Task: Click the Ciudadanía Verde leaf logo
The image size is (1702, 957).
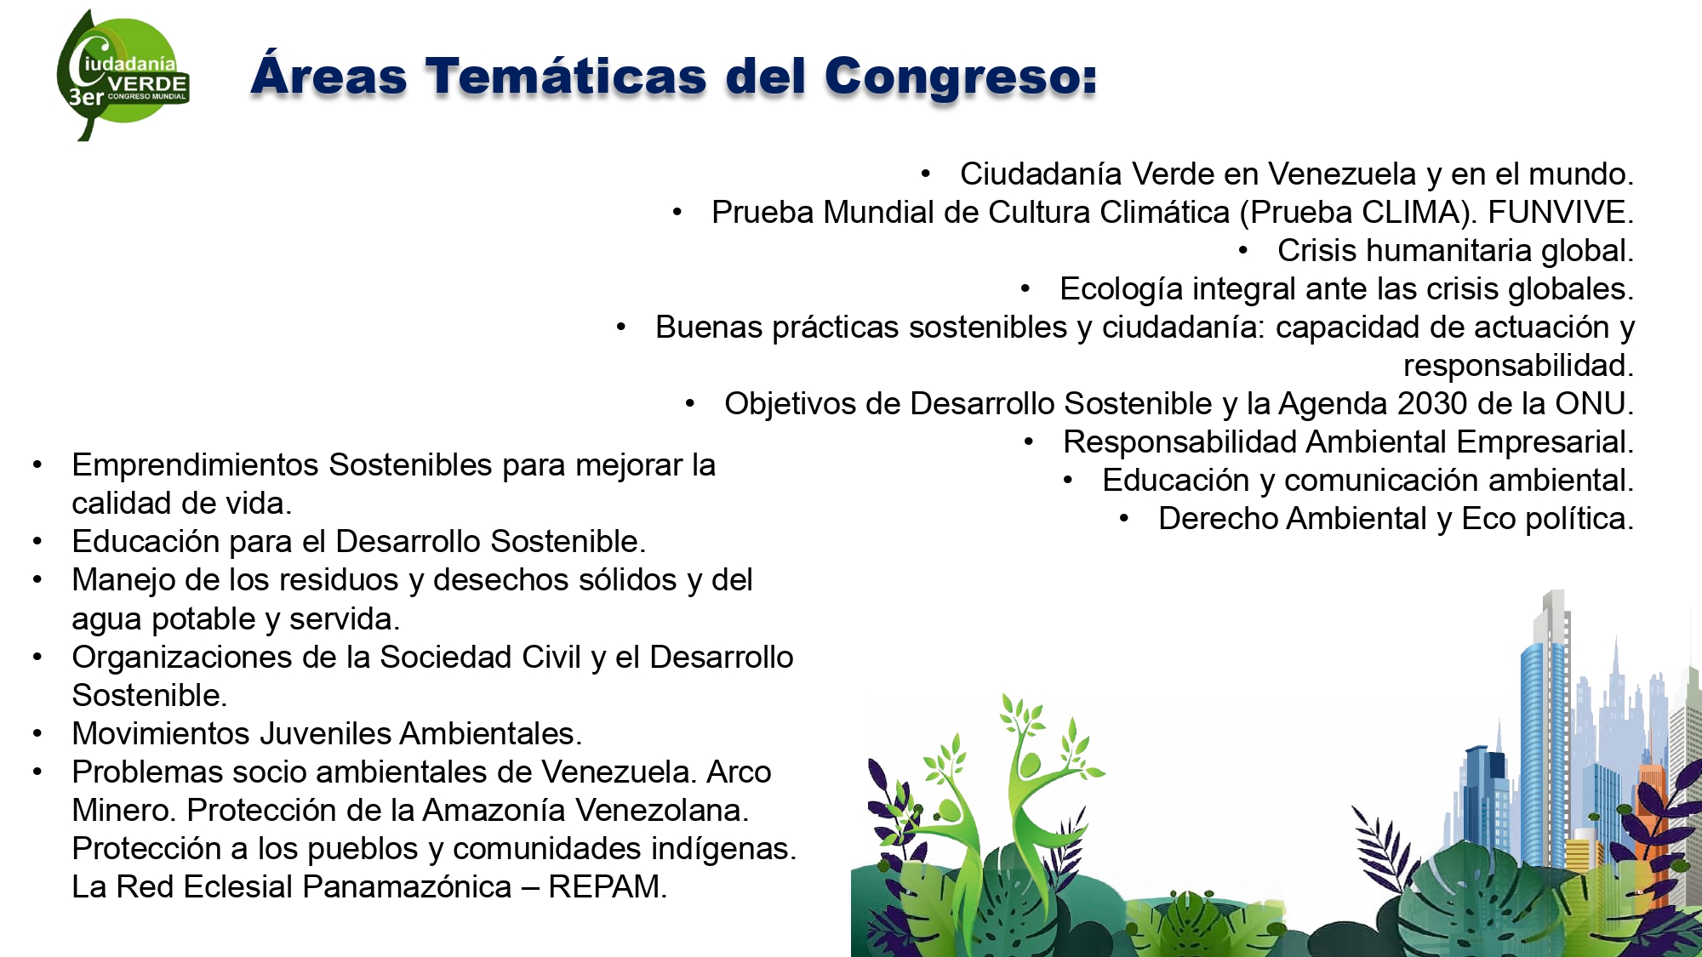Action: (123, 75)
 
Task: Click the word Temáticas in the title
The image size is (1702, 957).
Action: (566, 76)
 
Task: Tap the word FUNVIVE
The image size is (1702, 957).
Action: (1561, 212)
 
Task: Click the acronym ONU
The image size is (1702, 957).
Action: (1594, 403)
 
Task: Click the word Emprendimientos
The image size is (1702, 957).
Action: (196, 465)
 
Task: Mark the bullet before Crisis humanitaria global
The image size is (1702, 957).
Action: (1243, 251)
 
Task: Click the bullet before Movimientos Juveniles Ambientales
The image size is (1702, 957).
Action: (37, 733)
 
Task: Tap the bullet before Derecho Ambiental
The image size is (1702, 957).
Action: (1124, 518)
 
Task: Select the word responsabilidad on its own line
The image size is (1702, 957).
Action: (1518, 366)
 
